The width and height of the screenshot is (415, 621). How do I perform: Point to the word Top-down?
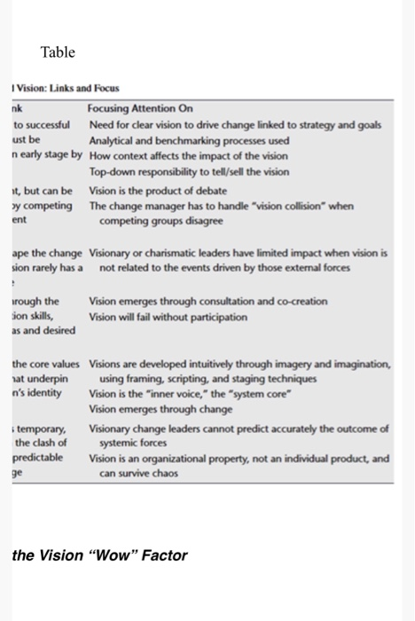point(111,172)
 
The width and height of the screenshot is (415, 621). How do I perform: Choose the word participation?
point(213,316)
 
